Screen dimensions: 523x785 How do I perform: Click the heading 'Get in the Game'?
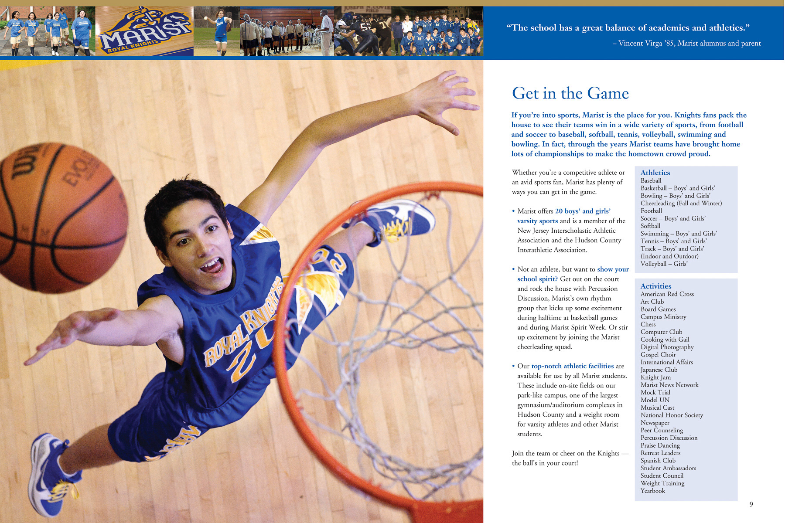[x=570, y=93]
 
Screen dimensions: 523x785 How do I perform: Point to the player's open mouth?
[x=213, y=266]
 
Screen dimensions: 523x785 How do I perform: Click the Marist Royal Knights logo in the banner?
[x=144, y=31]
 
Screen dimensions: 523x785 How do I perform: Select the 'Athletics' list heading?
[x=655, y=173]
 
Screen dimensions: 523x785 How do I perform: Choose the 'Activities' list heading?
[x=655, y=286]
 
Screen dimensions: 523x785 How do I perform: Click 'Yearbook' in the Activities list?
[x=652, y=491]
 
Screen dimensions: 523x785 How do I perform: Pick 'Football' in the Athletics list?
[x=651, y=211]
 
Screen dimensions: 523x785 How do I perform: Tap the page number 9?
[x=751, y=504]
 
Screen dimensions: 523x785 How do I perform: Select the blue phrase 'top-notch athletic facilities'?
[x=572, y=366]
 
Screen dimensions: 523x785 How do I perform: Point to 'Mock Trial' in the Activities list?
[x=655, y=392]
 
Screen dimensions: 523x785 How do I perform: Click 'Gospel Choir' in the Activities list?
[x=658, y=354]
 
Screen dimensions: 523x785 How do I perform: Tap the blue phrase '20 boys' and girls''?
[x=583, y=211]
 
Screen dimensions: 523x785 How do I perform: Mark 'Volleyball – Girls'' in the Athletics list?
[x=664, y=264]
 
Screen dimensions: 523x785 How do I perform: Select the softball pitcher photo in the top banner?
[x=217, y=31]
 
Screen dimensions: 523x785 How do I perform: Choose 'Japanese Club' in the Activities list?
[x=659, y=370]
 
